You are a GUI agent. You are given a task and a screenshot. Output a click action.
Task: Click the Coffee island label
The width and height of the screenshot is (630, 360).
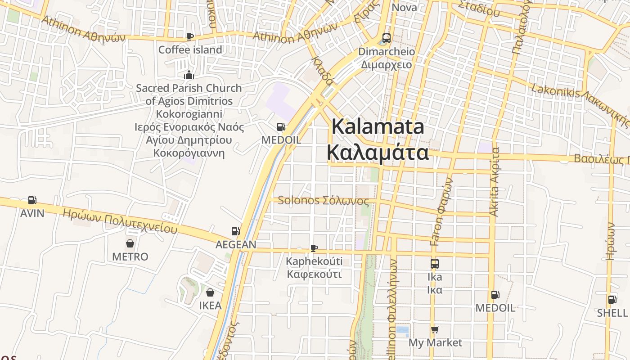pos(190,49)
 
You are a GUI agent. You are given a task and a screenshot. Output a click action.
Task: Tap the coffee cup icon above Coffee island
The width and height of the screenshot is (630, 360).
pos(190,36)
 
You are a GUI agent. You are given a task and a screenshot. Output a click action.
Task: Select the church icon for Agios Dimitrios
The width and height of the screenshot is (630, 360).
pos(189,75)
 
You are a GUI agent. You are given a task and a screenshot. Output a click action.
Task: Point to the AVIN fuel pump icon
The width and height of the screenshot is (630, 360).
pos(32,200)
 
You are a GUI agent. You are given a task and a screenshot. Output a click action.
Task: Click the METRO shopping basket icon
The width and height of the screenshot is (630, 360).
pos(130,243)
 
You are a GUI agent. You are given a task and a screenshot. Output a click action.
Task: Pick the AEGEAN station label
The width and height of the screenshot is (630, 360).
pos(236,244)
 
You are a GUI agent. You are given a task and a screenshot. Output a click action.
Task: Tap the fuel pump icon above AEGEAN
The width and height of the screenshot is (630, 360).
pos(235,231)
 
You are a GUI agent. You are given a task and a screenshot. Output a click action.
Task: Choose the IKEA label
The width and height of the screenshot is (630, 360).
pos(210,306)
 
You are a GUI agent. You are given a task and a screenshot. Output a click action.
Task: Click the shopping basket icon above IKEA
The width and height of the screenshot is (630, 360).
pos(210,292)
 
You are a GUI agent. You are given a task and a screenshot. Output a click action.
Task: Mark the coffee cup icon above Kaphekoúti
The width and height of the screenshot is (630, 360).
pos(314,248)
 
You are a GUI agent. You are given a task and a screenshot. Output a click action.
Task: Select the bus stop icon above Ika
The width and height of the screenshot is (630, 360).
pos(434,264)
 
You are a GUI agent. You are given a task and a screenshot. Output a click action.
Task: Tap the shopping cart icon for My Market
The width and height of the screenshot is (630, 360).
pos(435,330)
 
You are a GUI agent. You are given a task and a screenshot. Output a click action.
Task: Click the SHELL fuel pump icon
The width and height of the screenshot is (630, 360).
pos(612,300)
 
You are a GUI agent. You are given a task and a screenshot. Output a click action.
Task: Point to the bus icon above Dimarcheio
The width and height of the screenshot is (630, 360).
pos(387,38)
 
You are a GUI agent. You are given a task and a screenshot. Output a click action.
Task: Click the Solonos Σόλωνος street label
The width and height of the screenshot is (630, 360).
pos(323,201)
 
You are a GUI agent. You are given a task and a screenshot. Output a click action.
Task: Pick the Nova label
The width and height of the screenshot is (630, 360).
pos(404,7)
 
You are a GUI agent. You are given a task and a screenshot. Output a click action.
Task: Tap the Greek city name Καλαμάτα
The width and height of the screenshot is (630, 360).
pos(378,152)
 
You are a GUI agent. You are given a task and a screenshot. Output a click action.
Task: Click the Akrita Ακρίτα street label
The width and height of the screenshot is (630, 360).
pos(495,182)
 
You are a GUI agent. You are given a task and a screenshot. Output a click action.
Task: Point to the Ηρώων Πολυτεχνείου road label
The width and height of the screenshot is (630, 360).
pos(120,221)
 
